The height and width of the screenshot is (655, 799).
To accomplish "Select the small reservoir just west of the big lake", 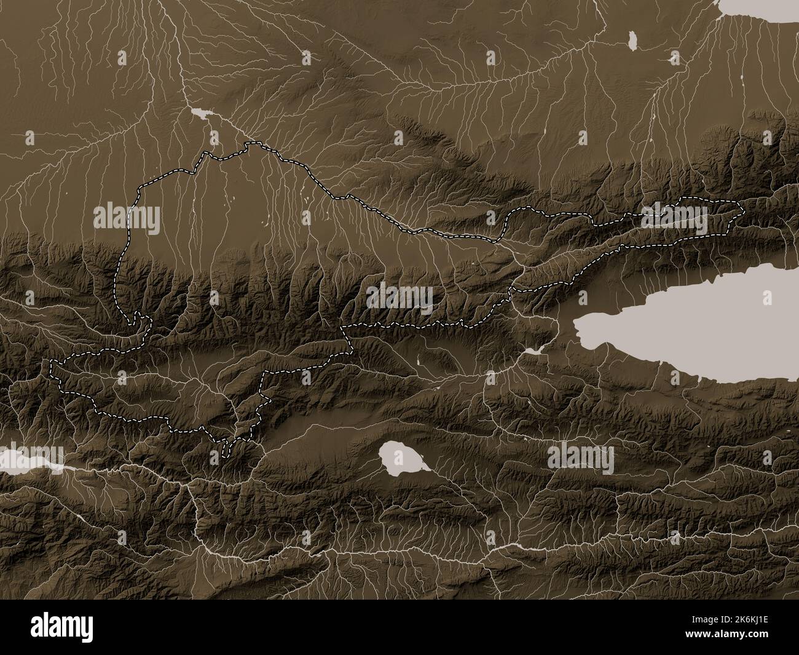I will (532, 351).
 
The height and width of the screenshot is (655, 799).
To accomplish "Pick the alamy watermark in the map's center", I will (400, 298).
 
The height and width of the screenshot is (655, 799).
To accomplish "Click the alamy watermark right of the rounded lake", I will (580, 459).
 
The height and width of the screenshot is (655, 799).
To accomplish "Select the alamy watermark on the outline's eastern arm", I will (675, 219).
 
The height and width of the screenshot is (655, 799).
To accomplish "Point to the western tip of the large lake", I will (575, 322).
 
